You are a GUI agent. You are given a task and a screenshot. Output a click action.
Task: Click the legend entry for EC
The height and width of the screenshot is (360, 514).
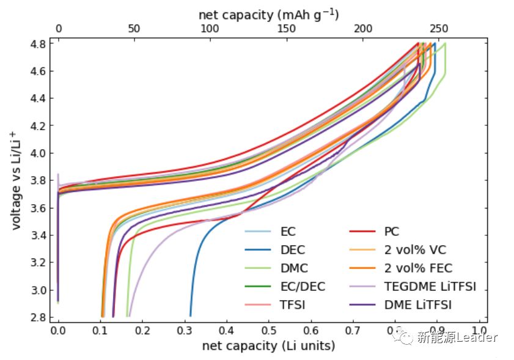[288, 232]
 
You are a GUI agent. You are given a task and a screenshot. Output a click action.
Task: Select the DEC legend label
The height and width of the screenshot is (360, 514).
[292, 250]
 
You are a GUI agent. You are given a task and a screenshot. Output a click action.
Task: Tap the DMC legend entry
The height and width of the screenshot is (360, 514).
[294, 268]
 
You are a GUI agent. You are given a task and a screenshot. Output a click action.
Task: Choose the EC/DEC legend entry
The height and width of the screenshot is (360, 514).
[303, 286]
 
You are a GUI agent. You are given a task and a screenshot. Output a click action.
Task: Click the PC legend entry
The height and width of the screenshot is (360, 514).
[392, 232]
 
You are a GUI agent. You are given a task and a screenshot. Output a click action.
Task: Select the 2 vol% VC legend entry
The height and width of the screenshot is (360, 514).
[414, 250]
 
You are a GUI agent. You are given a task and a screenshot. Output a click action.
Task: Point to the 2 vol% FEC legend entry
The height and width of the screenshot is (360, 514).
[418, 268]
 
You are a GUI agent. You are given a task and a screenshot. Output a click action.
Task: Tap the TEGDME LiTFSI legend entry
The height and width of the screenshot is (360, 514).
[430, 286]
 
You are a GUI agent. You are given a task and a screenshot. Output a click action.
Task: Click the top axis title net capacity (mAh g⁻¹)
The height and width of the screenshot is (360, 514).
[269, 13]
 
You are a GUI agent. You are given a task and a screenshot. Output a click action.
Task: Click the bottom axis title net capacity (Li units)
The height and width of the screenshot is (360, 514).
[268, 346]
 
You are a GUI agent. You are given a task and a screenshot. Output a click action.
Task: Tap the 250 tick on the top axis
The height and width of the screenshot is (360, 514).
[438, 28]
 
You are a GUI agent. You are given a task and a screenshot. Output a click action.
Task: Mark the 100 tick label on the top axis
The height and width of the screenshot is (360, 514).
[210, 28]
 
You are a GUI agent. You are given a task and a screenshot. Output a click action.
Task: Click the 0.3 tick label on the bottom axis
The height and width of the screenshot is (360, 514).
[185, 329]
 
